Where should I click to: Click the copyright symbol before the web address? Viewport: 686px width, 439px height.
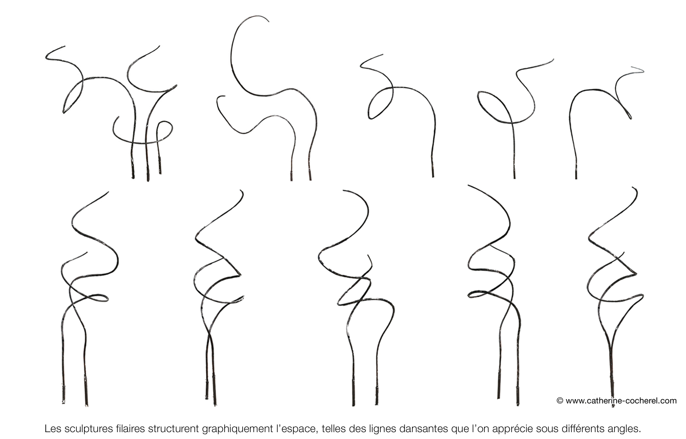point(560,401)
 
